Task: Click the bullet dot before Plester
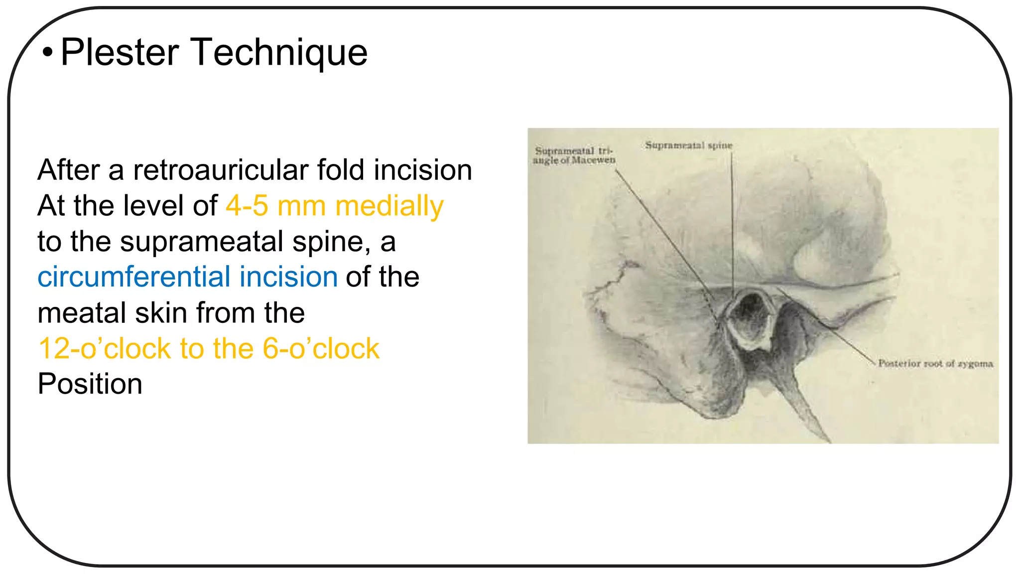pos(47,52)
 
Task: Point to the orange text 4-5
pos(247,206)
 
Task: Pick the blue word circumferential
pos(133,277)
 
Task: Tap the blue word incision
pos(288,277)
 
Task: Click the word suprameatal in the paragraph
pos(202,242)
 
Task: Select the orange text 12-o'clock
pos(104,348)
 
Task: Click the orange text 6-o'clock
pos(321,348)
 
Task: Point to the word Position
pos(90,384)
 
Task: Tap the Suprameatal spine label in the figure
pos(689,145)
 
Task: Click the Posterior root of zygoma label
pos(935,364)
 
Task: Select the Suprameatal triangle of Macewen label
pos(574,155)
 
